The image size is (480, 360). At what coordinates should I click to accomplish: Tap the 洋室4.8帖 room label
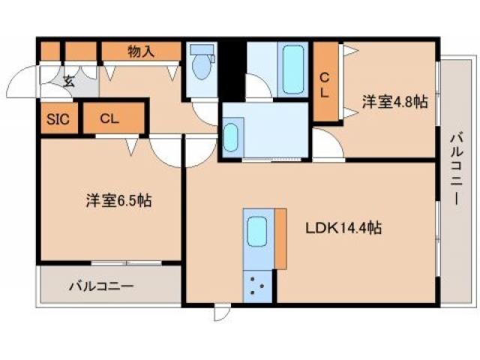tap(395, 102)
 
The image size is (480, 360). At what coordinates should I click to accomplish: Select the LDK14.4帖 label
tap(341, 228)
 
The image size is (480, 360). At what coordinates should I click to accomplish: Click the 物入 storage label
tap(141, 51)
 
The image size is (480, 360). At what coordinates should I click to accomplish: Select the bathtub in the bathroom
tap(293, 69)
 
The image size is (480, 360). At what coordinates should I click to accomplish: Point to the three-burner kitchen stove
tap(258, 286)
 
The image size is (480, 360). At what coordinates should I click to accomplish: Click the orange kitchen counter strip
tap(280, 238)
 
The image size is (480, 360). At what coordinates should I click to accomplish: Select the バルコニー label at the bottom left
tap(101, 286)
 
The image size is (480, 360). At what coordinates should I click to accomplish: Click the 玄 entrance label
tap(68, 81)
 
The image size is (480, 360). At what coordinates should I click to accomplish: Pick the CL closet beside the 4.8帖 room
tap(325, 83)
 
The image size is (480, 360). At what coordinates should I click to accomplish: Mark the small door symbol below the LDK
tap(220, 312)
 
